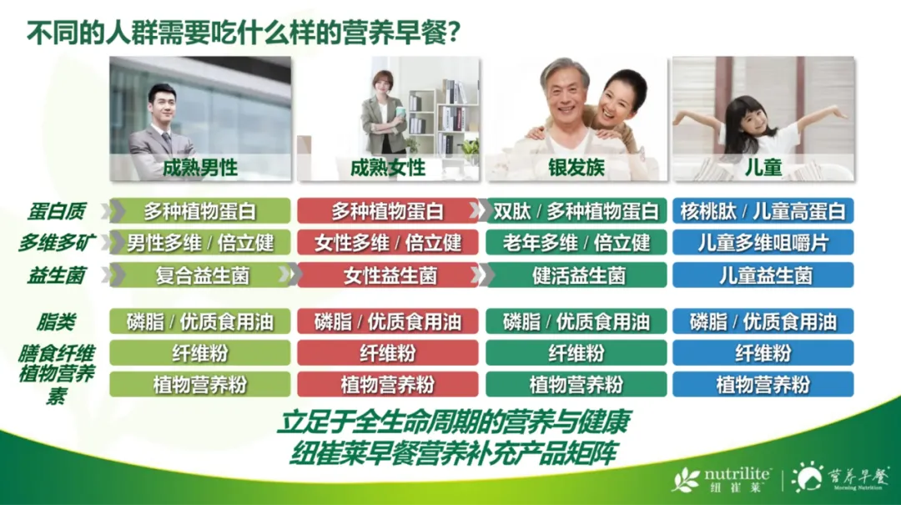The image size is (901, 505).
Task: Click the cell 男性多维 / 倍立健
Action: click(200, 243)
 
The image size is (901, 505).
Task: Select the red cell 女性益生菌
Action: click(388, 275)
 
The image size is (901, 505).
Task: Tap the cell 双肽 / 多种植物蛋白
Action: click(576, 211)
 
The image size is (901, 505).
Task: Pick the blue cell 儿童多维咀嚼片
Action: click(763, 243)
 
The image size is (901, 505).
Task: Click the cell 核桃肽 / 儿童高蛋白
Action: click(763, 211)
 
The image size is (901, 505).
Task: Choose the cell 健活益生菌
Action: click(576, 275)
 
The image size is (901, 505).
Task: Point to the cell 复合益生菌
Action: click(200, 275)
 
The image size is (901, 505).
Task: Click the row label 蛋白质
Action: click(57, 212)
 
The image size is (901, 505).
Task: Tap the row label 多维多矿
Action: click(57, 243)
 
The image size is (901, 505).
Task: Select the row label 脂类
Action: click(57, 322)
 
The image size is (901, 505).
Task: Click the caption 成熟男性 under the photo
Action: click(200, 168)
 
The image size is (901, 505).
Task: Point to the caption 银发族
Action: click(576, 168)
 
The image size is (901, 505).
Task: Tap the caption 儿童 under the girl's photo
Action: click(763, 168)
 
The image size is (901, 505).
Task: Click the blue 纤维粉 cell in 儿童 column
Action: click(763, 352)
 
